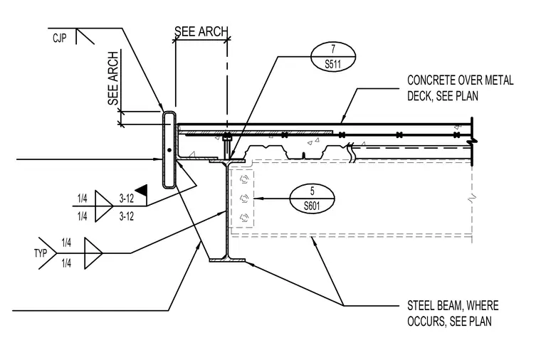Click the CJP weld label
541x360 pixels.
click(x=59, y=38)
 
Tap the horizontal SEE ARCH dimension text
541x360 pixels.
click(x=201, y=31)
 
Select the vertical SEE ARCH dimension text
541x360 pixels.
click(x=113, y=78)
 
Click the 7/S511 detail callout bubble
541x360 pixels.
click(x=333, y=56)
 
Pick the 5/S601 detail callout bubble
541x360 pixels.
click(x=312, y=198)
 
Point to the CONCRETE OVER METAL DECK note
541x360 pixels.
click(x=461, y=88)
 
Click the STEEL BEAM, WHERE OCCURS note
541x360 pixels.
click(x=453, y=314)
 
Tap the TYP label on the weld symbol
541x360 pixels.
click(x=41, y=253)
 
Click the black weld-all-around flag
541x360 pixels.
click(x=142, y=190)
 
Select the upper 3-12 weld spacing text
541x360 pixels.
click(x=126, y=198)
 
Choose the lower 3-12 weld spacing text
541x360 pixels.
click(x=126, y=216)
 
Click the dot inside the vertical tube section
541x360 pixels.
click(x=169, y=150)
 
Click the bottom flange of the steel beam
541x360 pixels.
click(x=227, y=260)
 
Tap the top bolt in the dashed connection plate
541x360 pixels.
click(x=244, y=179)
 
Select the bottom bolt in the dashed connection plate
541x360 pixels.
click(x=244, y=217)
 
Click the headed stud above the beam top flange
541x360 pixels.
click(x=226, y=146)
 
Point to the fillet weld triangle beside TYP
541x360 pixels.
click(x=93, y=253)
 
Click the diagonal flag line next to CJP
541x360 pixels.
click(x=85, y=36)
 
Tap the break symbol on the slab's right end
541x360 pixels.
click(x=472, y=142)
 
